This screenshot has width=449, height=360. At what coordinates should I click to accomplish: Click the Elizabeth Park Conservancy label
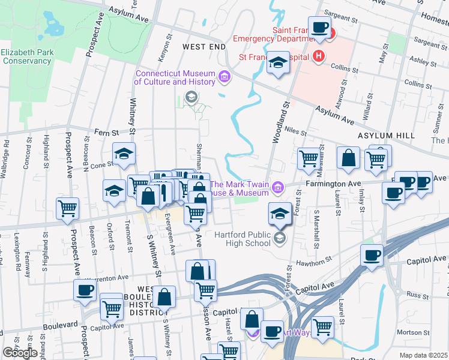[27, 56]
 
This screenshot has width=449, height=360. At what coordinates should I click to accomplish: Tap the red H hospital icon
[318, 57]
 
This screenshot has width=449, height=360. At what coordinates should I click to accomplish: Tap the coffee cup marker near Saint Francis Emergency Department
[319, 27]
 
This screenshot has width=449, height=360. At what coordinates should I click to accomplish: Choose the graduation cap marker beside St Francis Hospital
[278, 63]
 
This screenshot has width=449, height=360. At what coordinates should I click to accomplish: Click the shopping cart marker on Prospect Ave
[67, 208]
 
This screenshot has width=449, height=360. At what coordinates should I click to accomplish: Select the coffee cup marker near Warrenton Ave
[85, 290]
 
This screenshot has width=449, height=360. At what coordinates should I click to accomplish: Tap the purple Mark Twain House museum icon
[277, 188]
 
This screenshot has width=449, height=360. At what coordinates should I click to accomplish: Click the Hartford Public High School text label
[240, 239]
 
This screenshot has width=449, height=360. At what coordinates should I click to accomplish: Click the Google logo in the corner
[20, 353]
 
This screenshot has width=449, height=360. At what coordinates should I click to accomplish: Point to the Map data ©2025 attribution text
[424, 355]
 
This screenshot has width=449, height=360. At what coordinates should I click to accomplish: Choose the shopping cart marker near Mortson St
[322, 326]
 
